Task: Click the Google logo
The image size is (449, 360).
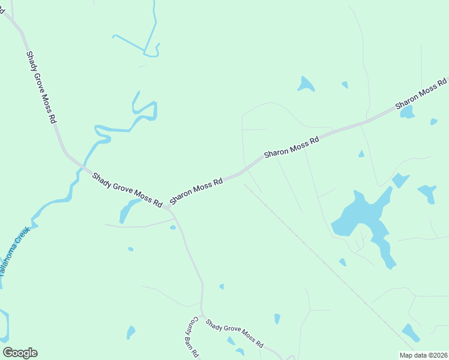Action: click(x=20, y=353)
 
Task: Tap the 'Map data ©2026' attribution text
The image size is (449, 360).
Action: click(x=424, y=355)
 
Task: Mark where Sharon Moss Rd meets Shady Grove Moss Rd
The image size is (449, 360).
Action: click(x=168, y=209)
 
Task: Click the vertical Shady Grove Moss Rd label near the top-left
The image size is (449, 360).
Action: click(x=41, y=88)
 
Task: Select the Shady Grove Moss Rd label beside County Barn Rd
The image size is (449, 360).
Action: click(x=234, y=334)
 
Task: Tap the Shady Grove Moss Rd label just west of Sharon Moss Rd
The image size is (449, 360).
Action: click(x=127, y=190)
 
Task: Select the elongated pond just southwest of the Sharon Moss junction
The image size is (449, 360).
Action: click(x=128, y=211)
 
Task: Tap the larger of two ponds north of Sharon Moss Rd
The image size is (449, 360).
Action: click(x=306, y=85)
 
